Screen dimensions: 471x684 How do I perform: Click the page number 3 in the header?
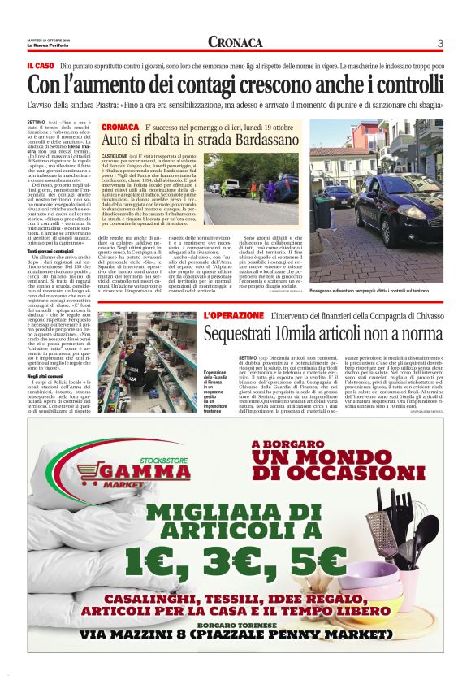(439, 43)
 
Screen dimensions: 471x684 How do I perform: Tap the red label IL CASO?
(41, 64)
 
